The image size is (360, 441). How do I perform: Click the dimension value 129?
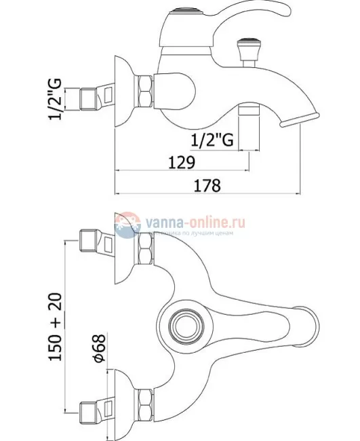(x=178, y=163)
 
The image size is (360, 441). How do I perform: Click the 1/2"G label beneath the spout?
(x=212, y=140)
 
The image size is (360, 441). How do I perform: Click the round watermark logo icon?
(x=125, y=226)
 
